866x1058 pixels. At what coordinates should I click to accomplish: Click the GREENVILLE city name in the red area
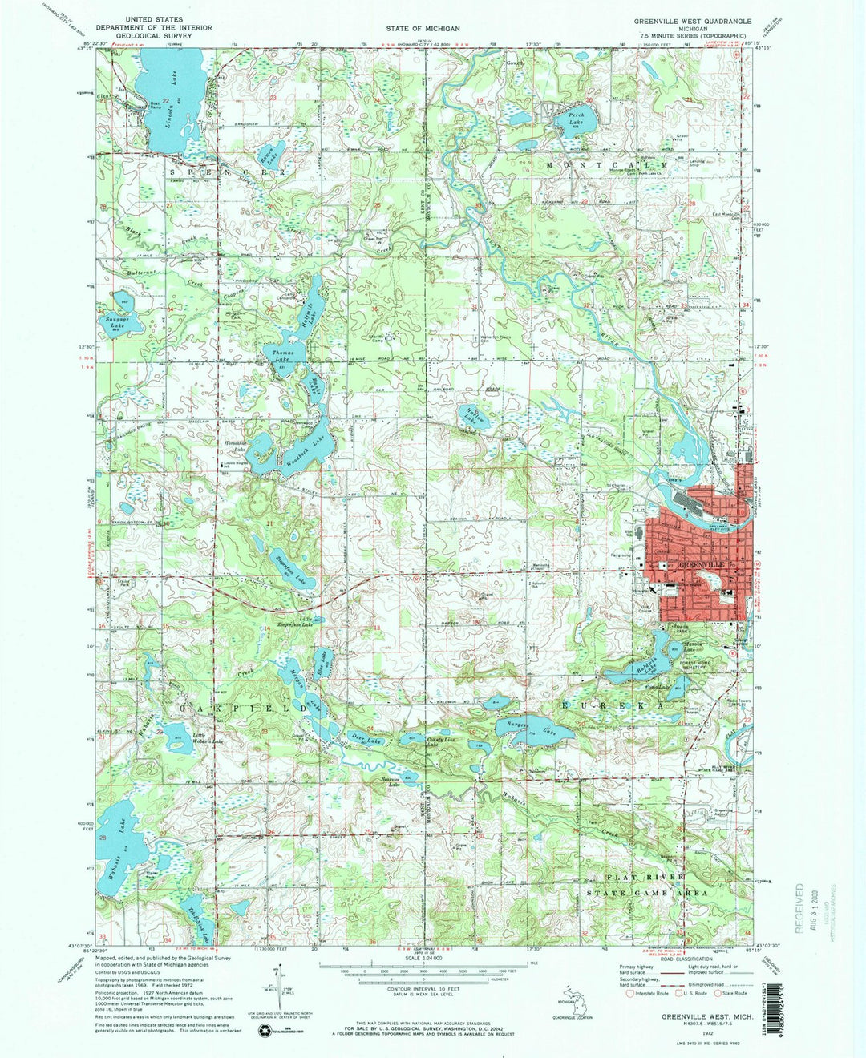click(x=702, y=565)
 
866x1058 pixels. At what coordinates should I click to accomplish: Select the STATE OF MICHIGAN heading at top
click(x=423, y=28)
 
